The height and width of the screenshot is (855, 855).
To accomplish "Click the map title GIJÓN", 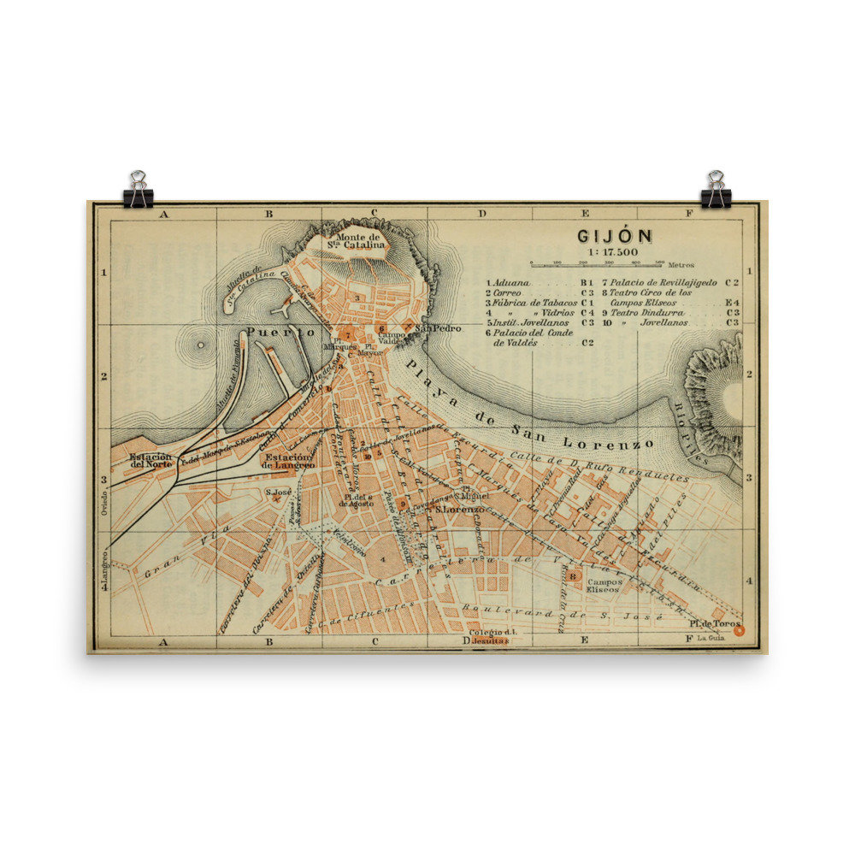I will (614, 235).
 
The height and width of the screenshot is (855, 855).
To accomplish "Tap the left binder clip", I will (138, 191).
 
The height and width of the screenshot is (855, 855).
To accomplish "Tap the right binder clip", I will (716, 191).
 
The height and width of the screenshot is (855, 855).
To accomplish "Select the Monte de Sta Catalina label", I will (357, 241).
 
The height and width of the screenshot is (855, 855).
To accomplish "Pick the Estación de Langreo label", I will (289, 461).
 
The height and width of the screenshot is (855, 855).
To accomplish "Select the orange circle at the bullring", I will (740, 631).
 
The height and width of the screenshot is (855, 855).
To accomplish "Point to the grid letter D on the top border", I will (481, 214).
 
